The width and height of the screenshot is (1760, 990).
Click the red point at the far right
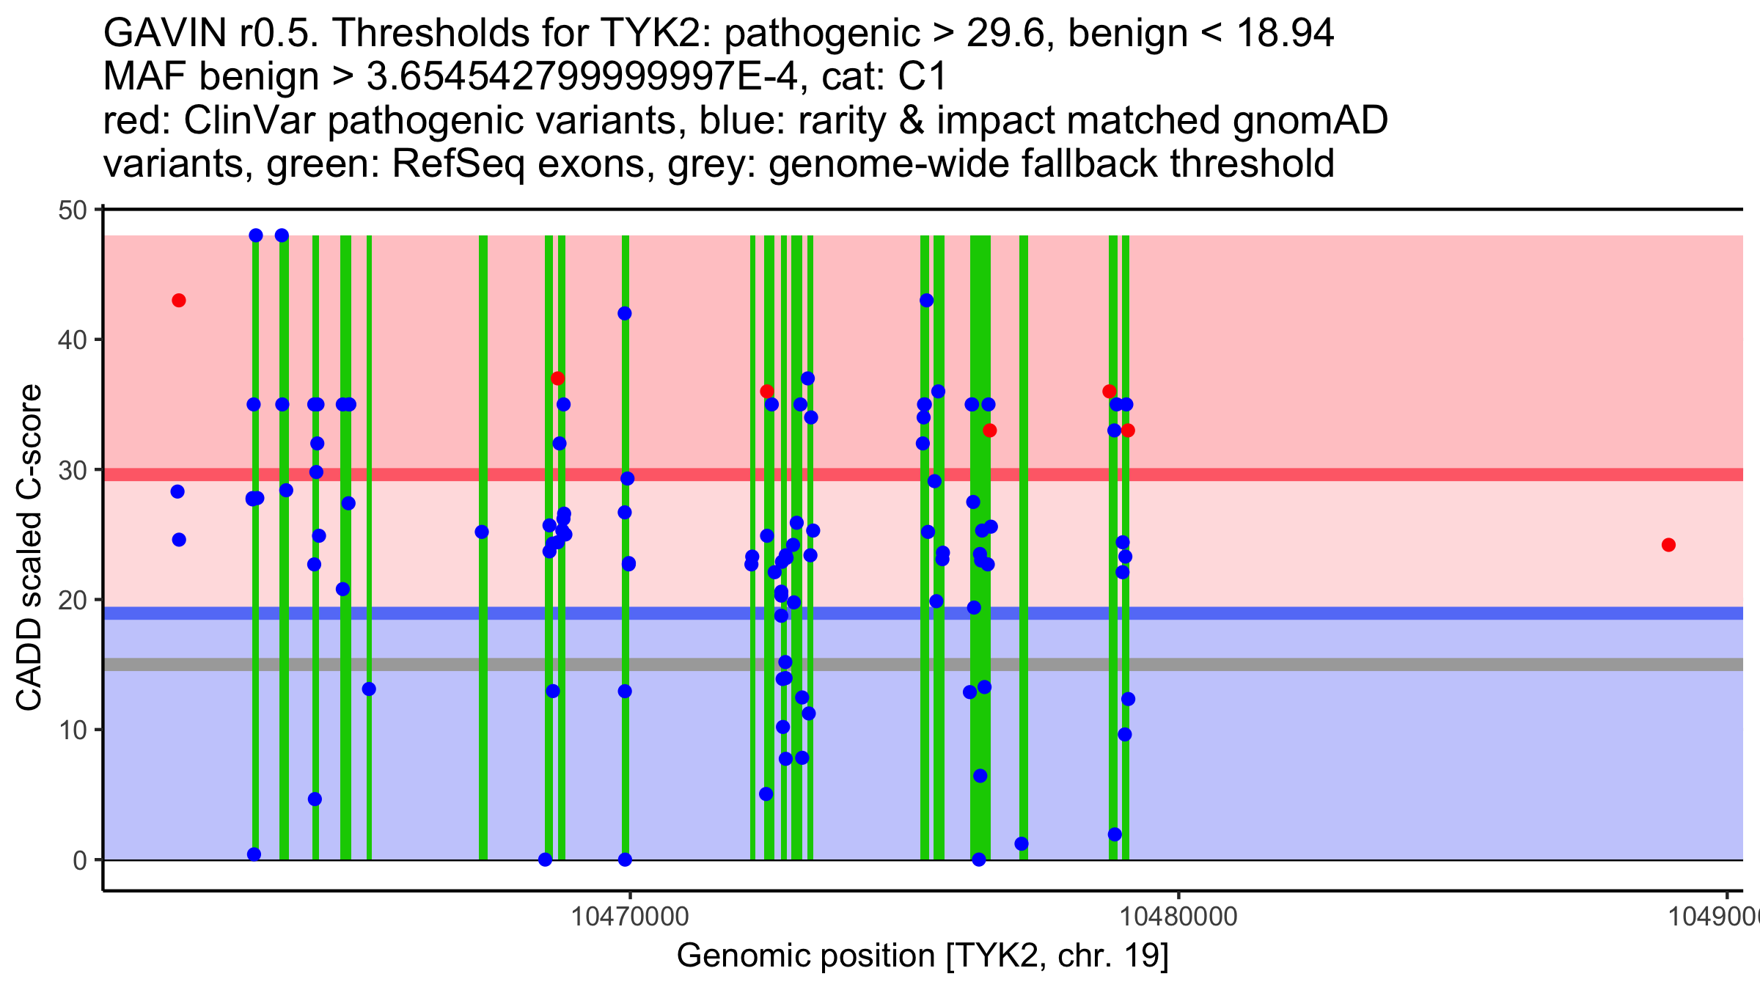[1668, 545]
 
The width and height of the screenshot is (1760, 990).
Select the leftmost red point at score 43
[179, 301]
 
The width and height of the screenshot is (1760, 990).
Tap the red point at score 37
[558, 378]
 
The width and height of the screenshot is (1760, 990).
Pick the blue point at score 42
[625, 314]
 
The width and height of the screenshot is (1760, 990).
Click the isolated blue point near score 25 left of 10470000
[482, 532]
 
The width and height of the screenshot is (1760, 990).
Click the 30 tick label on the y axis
[71, 471]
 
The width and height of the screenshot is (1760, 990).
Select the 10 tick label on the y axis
[71, 730]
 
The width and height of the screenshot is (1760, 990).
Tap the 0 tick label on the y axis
[79, 860]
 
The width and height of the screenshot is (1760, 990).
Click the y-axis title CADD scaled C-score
[29, 547]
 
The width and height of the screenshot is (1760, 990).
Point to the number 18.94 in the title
[1284, 34]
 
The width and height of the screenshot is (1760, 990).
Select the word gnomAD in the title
[1310, 121]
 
